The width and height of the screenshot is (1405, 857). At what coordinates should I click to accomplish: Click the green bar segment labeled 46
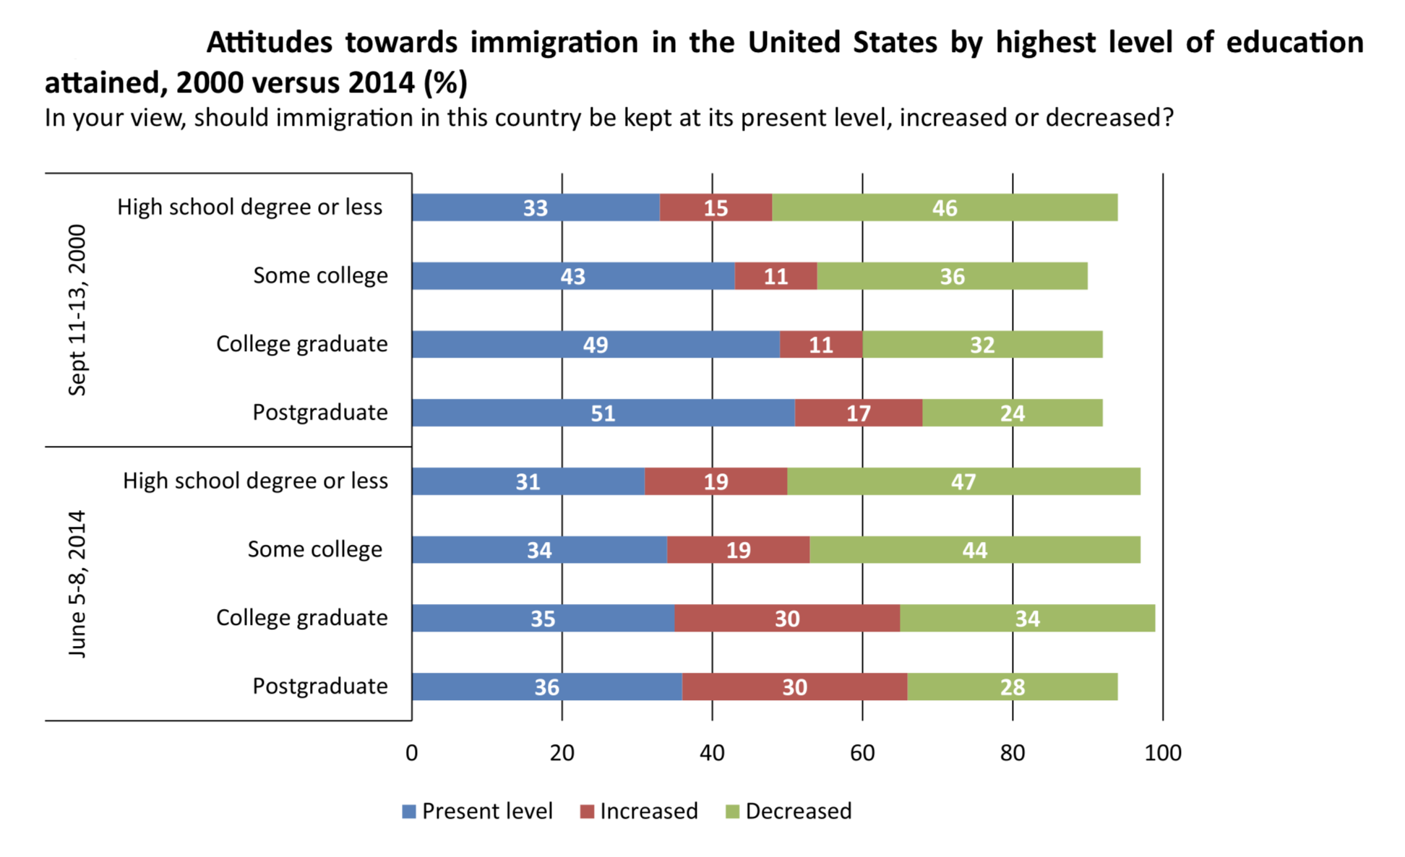944,207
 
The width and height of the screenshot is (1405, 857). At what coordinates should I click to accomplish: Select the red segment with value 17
858,413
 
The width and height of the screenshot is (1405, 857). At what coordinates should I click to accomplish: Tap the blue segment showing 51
603,413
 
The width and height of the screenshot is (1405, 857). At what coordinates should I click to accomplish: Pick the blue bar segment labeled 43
572,276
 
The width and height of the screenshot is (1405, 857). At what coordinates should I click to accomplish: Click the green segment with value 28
1012,686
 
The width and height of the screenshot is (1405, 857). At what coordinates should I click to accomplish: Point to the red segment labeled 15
716,207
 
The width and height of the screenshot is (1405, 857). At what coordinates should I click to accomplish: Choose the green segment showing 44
974,550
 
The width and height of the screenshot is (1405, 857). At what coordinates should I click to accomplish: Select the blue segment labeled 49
595,345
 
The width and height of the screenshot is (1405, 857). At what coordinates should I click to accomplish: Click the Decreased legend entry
789,811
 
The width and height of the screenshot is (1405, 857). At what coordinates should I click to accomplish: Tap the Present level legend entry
478,811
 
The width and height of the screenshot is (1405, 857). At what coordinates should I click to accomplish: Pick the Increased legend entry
639,811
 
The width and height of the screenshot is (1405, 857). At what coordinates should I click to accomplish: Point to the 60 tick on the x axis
862,753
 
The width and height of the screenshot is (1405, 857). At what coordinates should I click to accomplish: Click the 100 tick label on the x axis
1162,753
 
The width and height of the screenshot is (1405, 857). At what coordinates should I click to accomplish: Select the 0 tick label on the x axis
411,753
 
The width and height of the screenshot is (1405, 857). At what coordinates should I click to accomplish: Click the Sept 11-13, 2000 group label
77,310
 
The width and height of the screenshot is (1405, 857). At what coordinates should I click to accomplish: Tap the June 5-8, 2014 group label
77,584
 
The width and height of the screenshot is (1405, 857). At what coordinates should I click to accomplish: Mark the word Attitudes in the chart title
269,43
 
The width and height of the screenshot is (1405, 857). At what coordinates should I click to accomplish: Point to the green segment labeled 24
1012,413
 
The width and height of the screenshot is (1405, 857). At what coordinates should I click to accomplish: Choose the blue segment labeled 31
528,481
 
